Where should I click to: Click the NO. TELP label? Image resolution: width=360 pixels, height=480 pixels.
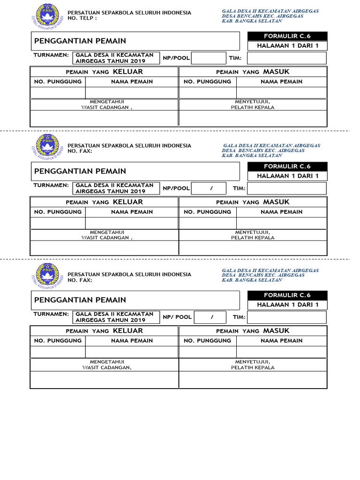coord(82,18)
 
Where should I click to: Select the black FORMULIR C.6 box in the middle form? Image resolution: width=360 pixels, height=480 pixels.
coord(287,166)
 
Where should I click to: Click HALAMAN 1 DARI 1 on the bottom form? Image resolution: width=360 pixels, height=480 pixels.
coord(287,305)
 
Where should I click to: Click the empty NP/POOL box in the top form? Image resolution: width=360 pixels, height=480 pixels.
coord(209,58)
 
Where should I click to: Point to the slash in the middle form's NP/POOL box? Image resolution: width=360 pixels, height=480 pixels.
coord(211,188)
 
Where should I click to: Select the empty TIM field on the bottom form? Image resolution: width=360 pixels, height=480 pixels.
coord(286,317)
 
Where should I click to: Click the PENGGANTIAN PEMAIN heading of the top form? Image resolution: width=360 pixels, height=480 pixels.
coord(80,41)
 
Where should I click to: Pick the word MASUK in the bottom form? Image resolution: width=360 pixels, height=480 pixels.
coord(276,331)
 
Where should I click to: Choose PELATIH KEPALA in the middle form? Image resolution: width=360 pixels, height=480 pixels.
coord(253,238)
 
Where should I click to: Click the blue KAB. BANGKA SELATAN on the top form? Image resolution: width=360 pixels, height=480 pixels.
coord(252,21)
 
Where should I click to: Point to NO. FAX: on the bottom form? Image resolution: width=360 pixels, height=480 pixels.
coord(80,280)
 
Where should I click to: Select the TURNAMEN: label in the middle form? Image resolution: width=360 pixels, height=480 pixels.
coord(51,185)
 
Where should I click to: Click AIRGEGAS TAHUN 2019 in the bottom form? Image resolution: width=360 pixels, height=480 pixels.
coord(111,320)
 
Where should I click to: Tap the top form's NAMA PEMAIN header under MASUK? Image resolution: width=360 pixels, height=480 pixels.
coord(281,82)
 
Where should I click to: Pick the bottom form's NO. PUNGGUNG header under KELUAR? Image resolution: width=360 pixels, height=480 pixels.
coord(58,341)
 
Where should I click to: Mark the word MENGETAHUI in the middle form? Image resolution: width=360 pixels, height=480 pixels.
coord(107,232)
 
